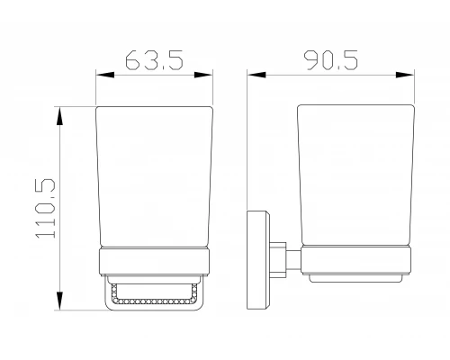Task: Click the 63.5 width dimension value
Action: (154, 60)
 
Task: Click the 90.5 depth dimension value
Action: (331, 60)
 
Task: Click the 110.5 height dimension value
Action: (46, 209)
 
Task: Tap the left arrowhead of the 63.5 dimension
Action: (105, 75)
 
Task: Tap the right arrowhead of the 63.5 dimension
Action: (203, 75)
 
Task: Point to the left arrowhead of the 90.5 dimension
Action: (256, 75)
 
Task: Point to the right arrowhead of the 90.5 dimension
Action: (405, 75)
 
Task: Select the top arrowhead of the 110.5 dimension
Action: (60, 116)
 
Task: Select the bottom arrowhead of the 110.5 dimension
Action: (60, 301)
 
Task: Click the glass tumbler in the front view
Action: (154, 177)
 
